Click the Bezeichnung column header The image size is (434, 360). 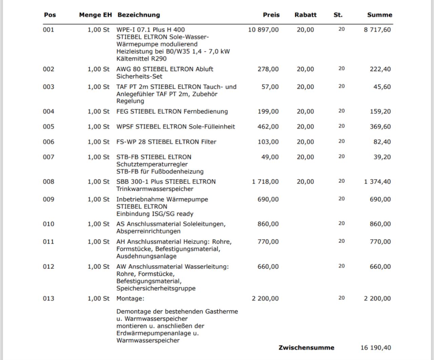139,15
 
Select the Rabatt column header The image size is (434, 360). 305,15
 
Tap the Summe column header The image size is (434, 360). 379,15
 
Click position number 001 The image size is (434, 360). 48,30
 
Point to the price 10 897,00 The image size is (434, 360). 263,30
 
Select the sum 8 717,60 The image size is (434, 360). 377,30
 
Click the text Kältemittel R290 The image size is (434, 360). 141,59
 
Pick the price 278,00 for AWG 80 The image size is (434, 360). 268,69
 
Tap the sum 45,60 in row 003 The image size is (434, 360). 382,87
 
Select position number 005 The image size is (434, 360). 48,127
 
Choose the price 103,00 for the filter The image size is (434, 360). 268,142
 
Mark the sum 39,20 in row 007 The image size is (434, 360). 382,157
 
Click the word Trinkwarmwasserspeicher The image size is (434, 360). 155,189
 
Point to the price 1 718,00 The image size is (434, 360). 265,182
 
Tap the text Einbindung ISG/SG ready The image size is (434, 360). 155,214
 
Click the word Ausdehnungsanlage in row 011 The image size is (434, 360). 146,256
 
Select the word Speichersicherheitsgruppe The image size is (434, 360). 156,288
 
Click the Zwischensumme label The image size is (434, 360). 306,348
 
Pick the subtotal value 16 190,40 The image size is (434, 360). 376,348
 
